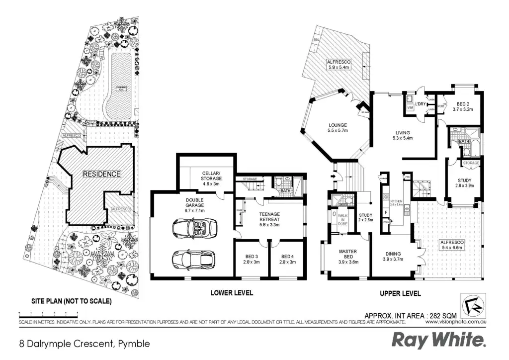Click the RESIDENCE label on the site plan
pyautogui.click(x=101, y=174)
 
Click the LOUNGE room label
pyautogui.click(x=337, y=128)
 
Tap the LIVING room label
pyautogui.click(x=402, y=135)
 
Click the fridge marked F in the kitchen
pyautogui.click(x=385, y=213)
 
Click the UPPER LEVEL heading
pyautogui.click(x=400, y=293)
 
